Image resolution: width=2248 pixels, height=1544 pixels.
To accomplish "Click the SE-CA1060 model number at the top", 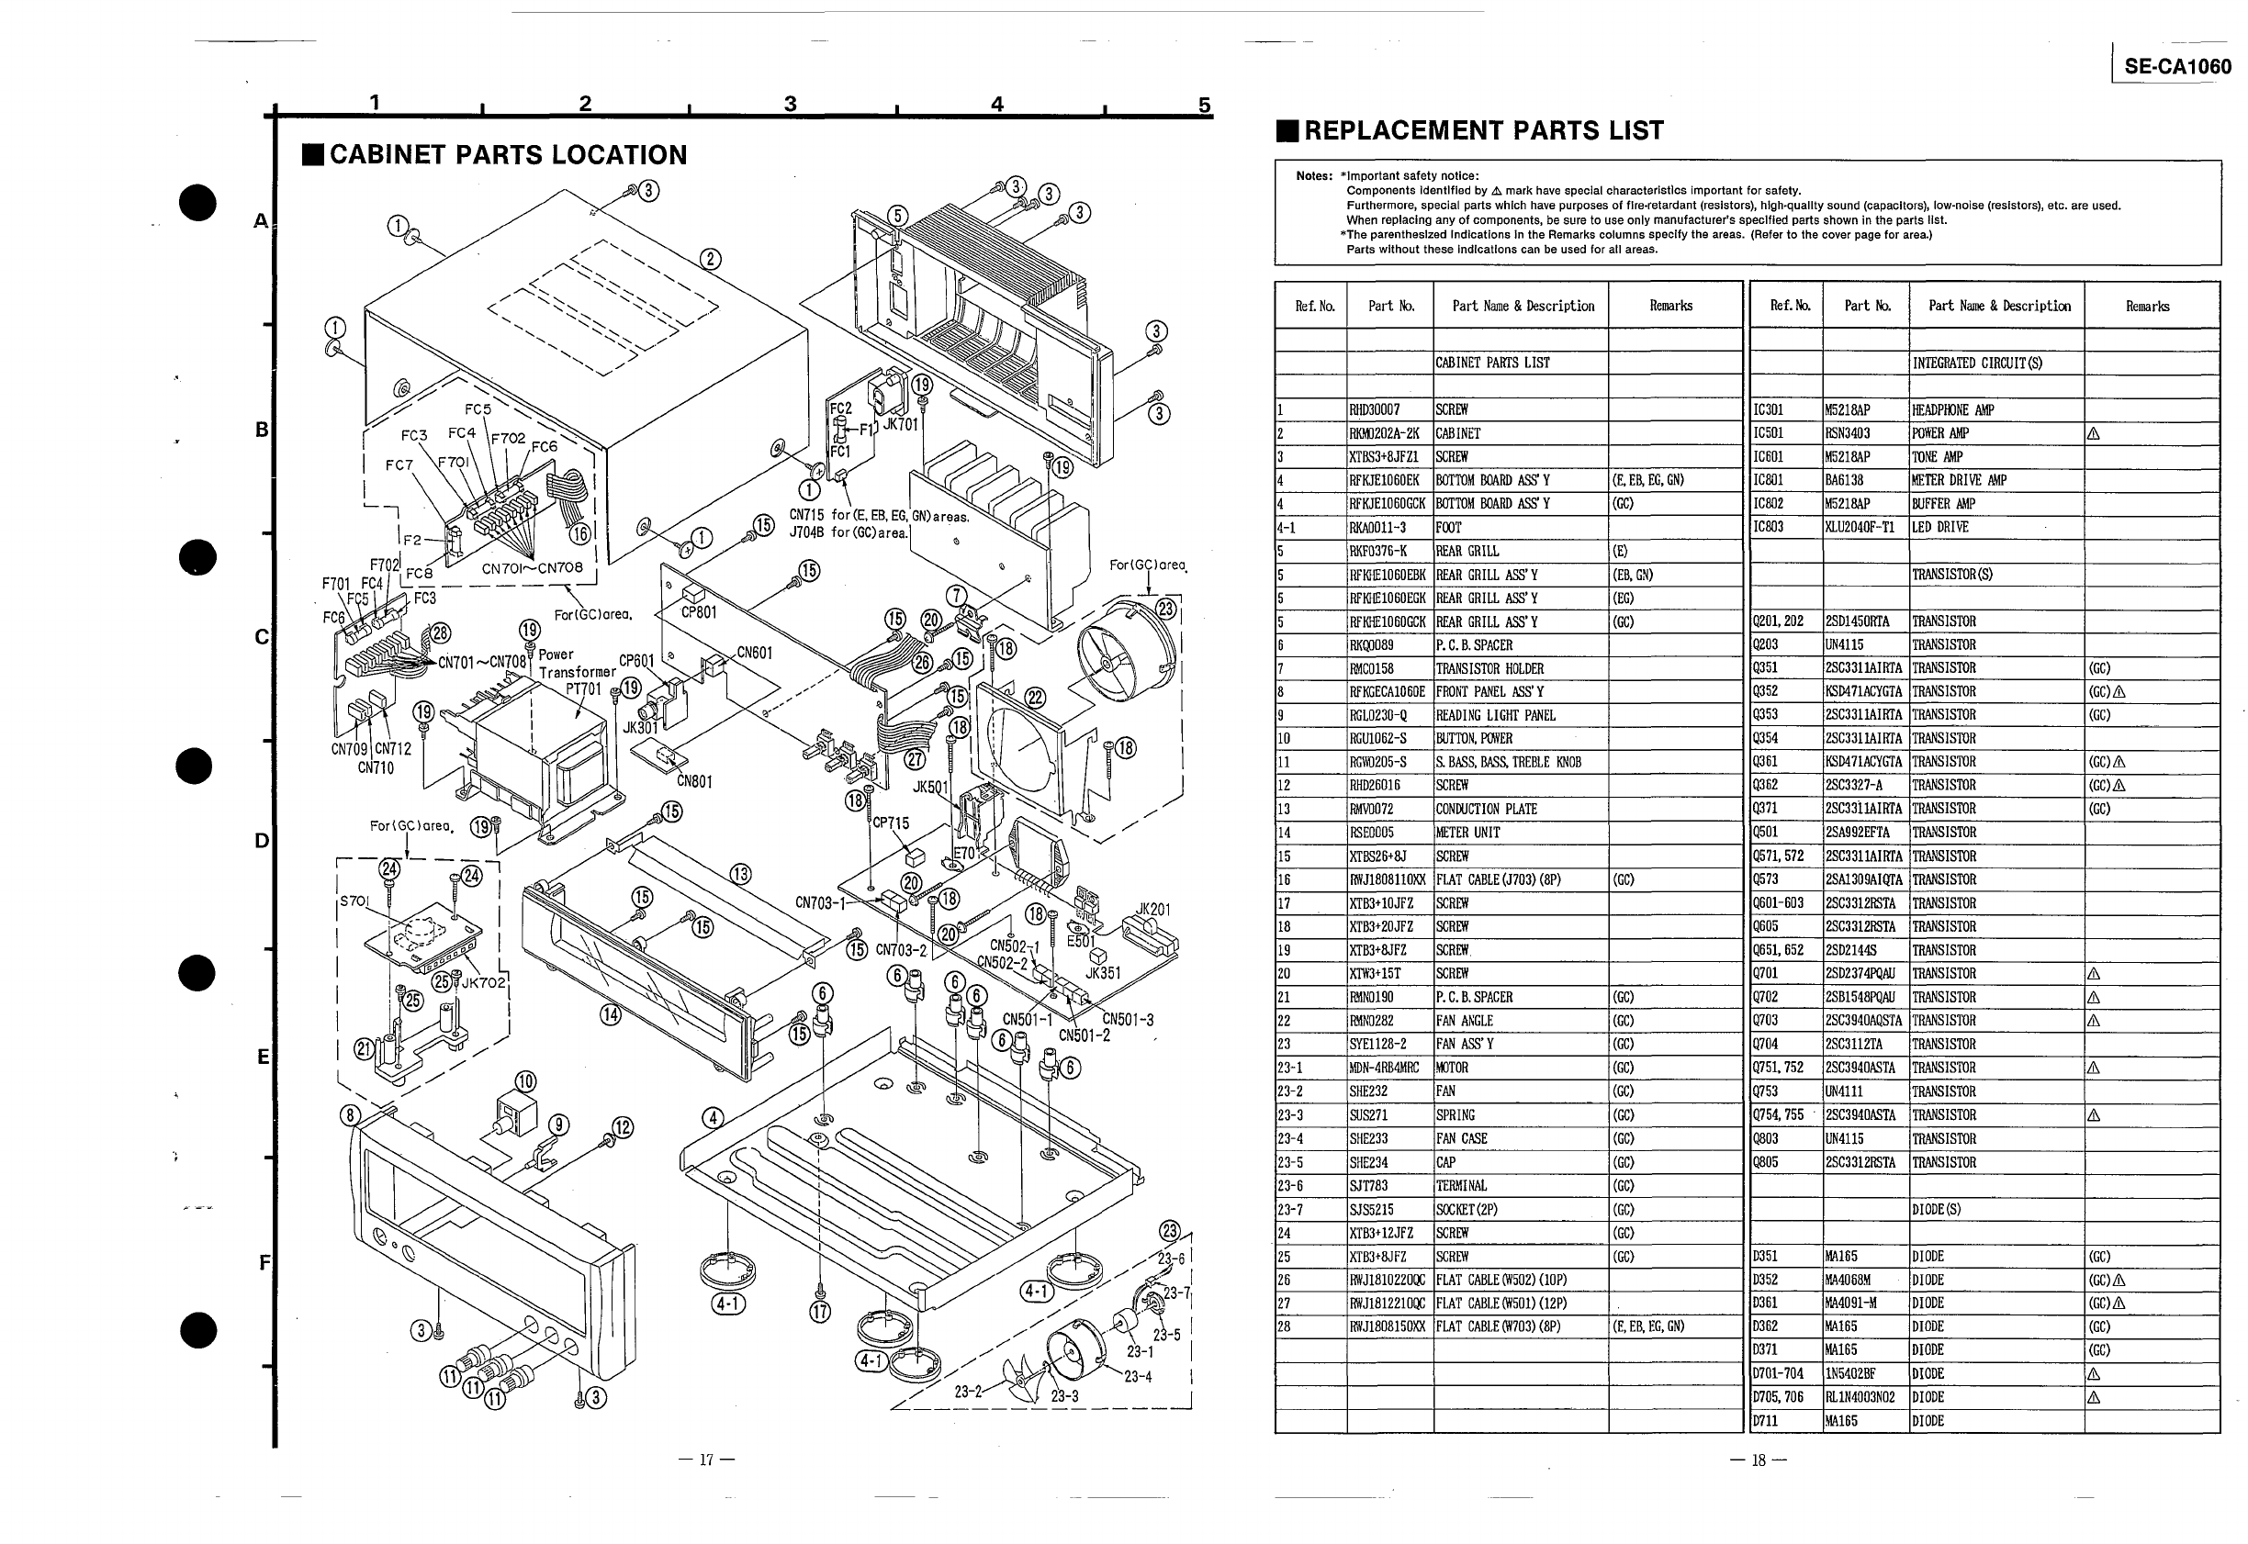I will point(2177,67).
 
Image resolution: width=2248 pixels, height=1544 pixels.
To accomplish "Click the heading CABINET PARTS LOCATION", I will point(507,155).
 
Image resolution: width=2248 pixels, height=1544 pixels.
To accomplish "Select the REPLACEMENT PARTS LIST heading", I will point(1482,130).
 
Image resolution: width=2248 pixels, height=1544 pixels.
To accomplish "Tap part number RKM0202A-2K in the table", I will point(1386,433).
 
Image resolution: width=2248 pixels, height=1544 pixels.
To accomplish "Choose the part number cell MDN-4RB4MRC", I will point(1385,1068).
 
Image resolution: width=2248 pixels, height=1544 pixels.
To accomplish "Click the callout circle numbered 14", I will point(610,1015).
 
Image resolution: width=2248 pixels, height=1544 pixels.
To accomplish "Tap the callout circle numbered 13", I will point(740,875).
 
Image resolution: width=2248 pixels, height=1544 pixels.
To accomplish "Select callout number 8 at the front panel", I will point(350,1115).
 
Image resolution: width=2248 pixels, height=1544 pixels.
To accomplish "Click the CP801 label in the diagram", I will point(699,612).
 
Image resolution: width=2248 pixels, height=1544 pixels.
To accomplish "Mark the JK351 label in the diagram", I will point(1103,973).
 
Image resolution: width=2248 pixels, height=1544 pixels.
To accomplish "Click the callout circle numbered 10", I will point(525,1081).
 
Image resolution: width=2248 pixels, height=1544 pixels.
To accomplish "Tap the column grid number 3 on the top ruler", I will point(791,104).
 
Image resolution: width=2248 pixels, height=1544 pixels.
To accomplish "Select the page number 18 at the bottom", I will point(1759,1460).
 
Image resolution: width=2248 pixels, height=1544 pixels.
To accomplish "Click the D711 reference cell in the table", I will point(1766,1421).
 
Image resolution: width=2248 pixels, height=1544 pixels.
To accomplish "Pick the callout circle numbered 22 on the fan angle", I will point(1036,698).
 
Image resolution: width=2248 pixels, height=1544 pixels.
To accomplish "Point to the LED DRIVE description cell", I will point(1939,527).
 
